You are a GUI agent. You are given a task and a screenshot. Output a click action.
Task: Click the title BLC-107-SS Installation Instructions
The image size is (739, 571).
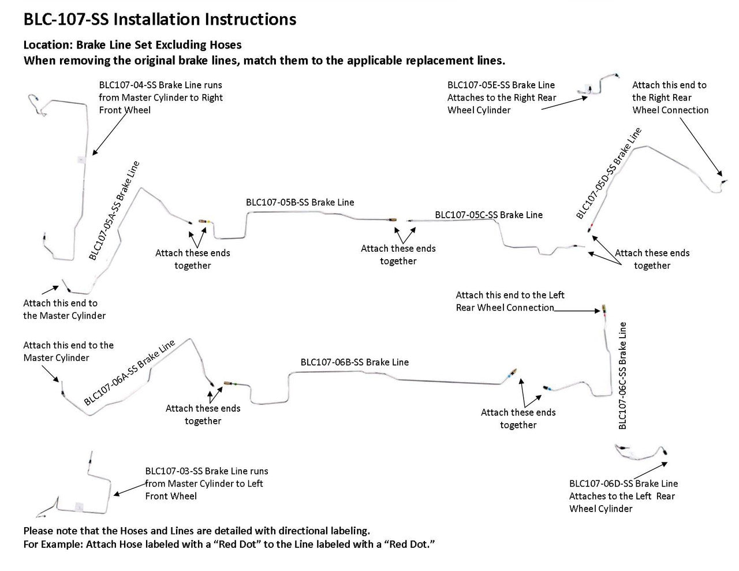pyautogui.click(x=159, y=20)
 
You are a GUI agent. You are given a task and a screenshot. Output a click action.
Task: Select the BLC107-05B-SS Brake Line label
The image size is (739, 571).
pyautogui.click(x=300, y=203)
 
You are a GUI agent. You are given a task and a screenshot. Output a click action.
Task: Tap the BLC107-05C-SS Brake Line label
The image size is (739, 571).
pyautogui.click(x=488, y=215)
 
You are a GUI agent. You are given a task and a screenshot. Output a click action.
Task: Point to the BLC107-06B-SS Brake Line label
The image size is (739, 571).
pyautogui.click(x=354, y=363)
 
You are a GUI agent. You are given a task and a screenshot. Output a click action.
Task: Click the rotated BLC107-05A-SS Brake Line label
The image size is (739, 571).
pyautogui.click(x=114, y=211)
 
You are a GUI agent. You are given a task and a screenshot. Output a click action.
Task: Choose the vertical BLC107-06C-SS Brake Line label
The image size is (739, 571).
pyautogui.click(x=622, y=375)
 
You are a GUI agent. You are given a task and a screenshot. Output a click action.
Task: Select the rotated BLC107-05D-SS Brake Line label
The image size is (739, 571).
pyautogui.click(x=609, y=173)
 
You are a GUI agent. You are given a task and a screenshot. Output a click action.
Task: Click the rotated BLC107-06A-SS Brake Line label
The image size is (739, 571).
pyautogui.click(x=129, y=372)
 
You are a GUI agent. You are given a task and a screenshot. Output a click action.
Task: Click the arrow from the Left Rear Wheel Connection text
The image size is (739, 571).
pyautogui.click(x=577, y=311)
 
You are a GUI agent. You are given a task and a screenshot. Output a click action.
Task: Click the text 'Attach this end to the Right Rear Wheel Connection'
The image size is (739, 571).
pyautogui.click(x=670, y=98)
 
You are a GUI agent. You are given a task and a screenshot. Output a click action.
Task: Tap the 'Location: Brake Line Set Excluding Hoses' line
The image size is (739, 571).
pyautogui.click(x=132, y=45)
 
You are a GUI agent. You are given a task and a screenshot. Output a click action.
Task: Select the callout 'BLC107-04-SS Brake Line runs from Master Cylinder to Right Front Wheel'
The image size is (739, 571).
pyautogui.click(x=161, y=98)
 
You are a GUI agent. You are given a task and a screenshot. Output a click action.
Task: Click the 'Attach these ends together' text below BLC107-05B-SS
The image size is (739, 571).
pyautogui.click(x=398, y=255)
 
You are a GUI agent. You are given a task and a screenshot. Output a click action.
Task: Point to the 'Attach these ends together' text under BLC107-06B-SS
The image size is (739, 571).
pyautogui.click(x=518, y=419)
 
